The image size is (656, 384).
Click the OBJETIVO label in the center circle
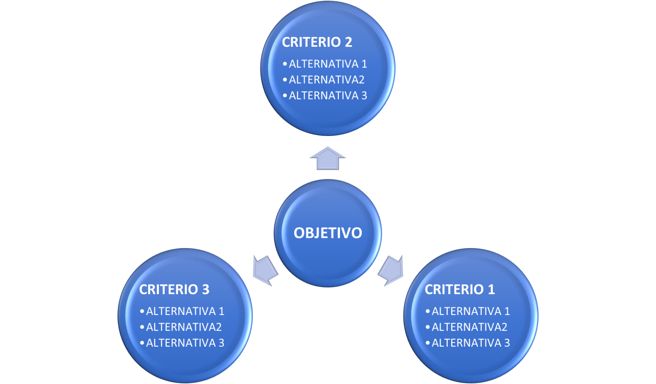point(328,233)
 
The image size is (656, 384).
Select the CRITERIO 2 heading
point(317,42)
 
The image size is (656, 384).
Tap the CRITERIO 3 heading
point(174,289)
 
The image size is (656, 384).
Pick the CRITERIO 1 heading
point(460,289)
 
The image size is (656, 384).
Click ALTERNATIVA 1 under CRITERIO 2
point(328,64)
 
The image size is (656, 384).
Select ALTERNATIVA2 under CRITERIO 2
point(326,80)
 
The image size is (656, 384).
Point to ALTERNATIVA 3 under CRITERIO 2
point(328,96)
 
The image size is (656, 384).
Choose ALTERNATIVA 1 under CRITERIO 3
point(185,311)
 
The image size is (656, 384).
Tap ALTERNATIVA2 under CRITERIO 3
point(183,327)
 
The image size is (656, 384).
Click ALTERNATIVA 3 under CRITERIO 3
point(185,343)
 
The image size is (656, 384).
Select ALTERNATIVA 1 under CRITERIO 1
point(470,311)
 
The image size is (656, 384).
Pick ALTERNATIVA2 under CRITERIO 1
point(469,327)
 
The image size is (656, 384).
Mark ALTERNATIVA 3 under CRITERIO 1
point(470,343)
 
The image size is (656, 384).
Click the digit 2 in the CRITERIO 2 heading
point(348,42)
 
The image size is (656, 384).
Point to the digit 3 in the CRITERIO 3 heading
point(205,289)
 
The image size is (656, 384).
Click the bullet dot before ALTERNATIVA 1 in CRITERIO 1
point(427,311)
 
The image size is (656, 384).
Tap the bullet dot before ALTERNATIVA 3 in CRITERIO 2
point(285,96)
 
